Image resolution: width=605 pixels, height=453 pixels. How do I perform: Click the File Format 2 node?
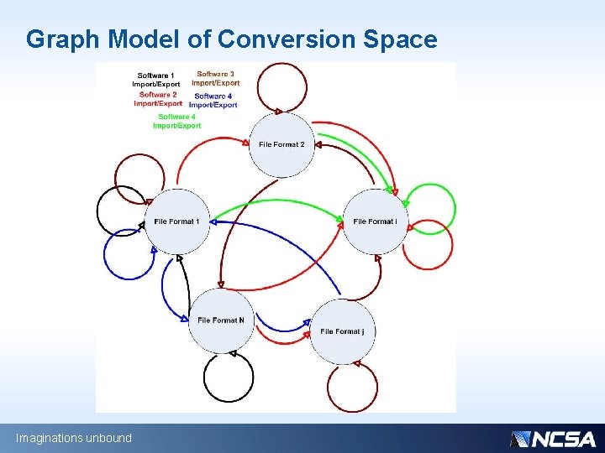coord(281,144)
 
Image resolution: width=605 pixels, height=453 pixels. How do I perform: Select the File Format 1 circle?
coord(176,221)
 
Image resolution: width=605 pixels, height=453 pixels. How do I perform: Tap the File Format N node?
coord(220,320)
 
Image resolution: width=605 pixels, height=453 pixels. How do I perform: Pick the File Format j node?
coord(342,331)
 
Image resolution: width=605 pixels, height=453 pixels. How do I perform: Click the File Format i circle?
coord(376,221)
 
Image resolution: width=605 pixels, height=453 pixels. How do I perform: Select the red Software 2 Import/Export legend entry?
coord(157,99)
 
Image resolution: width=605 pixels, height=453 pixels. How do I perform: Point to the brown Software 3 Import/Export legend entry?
coord(215,79)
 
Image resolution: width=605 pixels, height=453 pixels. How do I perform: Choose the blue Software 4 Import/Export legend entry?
coord(213,101)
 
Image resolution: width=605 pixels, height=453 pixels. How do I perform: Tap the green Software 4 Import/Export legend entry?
coord(176,121)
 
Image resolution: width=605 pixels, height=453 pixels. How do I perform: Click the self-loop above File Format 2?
coord(282,88)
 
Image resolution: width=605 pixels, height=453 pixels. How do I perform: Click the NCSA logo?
coord(553,439)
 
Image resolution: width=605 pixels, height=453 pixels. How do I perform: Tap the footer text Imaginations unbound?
coord(74,438)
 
